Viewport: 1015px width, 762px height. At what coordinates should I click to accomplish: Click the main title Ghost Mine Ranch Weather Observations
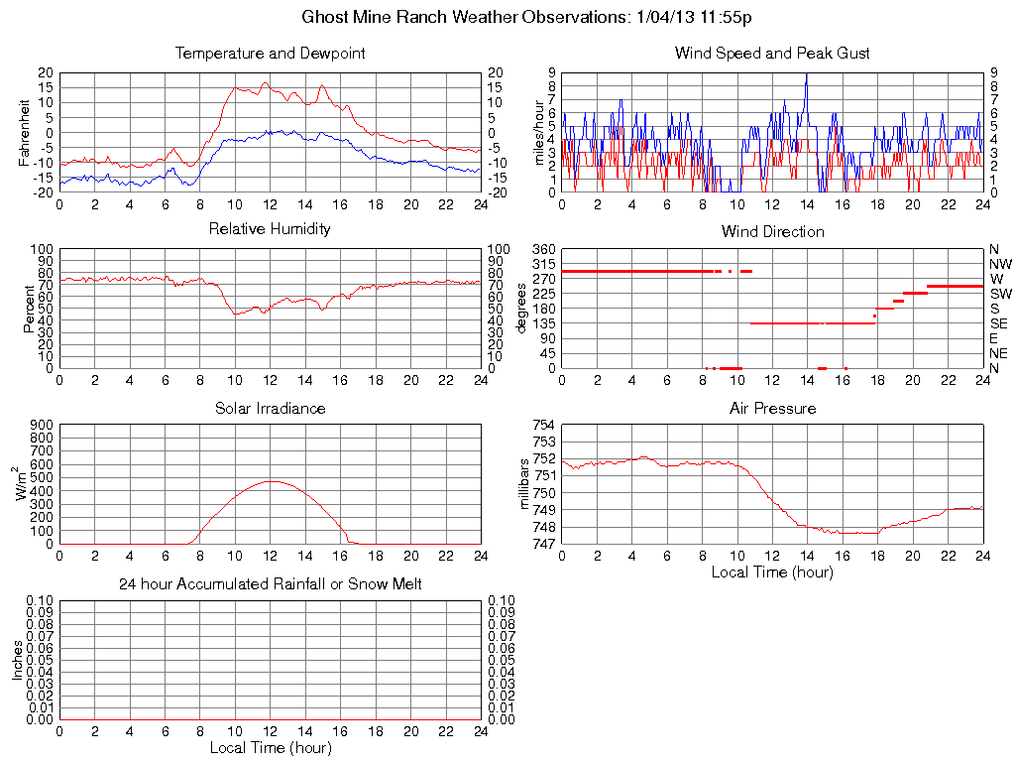point(532,17)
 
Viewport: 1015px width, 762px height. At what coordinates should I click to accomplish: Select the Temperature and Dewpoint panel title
point(270,53)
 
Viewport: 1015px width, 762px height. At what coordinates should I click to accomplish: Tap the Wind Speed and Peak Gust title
point(772,53)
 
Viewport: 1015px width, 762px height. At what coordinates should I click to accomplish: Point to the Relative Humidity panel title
point(270,229)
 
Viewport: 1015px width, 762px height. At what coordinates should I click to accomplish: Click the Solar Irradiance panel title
point(270,408)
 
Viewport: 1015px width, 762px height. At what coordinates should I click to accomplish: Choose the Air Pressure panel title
point(772,408)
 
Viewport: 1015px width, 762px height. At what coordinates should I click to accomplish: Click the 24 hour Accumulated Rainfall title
point(270,584)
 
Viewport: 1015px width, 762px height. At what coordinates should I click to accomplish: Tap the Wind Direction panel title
point(772,231)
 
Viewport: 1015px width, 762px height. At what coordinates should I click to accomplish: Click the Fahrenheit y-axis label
point(26,133)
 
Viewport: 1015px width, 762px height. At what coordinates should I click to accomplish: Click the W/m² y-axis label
point(24,484)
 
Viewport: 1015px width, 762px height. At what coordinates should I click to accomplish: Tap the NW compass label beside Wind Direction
point(1000,264)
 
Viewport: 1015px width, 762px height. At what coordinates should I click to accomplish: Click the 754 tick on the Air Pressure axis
point(543,425)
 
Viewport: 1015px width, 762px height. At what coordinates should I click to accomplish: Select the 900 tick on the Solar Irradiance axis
point(41,425)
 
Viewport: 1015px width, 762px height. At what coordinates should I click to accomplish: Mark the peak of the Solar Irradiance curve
point(271,481)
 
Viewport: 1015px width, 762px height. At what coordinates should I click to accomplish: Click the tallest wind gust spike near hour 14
point(807,75)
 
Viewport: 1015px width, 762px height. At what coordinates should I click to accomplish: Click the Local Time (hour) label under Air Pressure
point(772,571)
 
